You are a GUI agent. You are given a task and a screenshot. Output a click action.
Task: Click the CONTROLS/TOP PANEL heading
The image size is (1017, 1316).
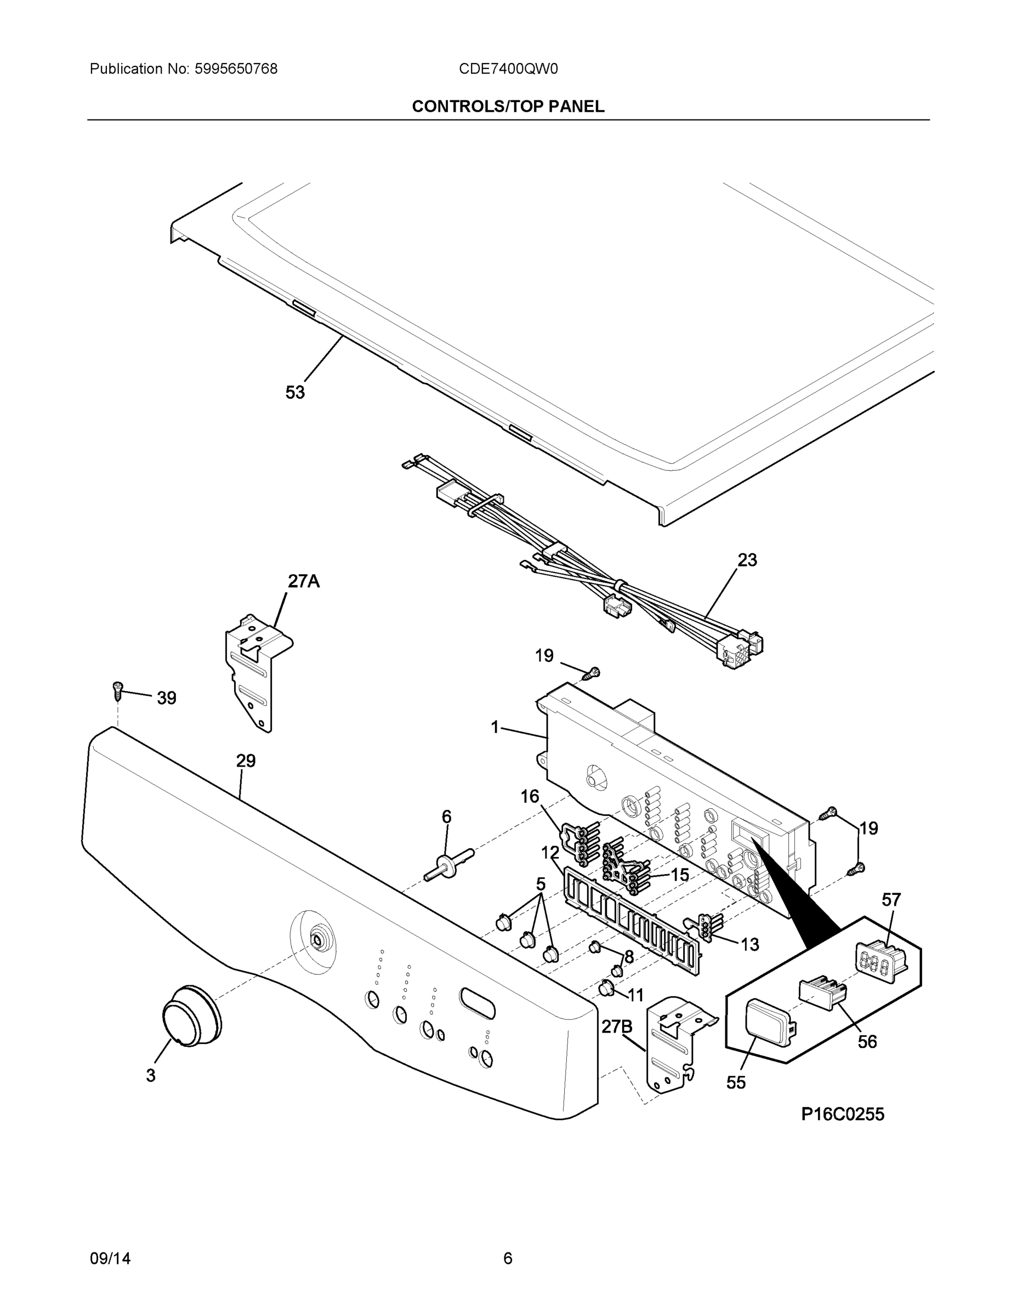click(508, 107)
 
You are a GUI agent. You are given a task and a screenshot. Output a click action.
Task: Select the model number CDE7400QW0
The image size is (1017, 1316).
click(508, 69)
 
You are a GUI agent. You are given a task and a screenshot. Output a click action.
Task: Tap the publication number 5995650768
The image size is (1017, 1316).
click(236, 69)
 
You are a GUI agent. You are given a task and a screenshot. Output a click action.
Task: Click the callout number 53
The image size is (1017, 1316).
click(294, 393)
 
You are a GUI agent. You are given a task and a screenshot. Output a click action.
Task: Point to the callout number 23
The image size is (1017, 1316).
click(747, 560)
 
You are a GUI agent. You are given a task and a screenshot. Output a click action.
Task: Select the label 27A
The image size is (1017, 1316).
click(303, 581)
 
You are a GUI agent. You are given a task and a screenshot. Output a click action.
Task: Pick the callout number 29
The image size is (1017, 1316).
click(246, 761)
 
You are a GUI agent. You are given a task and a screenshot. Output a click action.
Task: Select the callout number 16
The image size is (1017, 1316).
click(530, 797)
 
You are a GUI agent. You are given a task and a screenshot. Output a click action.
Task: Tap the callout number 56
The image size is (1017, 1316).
click(867, 1041)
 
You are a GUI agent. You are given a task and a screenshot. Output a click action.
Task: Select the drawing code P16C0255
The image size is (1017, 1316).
click(842, 1114)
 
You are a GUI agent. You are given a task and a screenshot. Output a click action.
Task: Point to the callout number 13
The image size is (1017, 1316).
click(749, 944)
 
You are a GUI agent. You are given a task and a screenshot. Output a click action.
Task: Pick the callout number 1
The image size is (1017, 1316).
click(495, 727)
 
